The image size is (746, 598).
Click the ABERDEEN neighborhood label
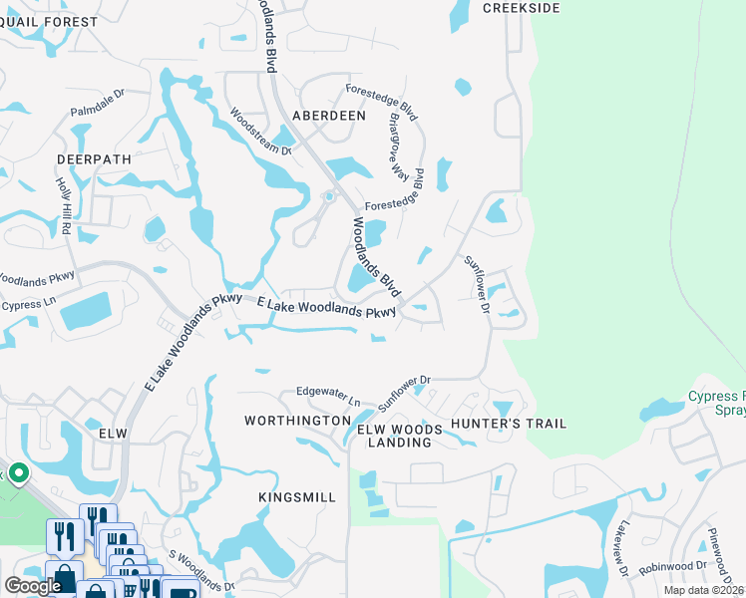(x=329, y=116)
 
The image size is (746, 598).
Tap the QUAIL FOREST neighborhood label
(x=50, y=22)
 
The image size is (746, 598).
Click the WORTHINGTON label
(x=297, y=422)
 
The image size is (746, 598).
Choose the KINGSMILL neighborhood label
(x=297, y=496)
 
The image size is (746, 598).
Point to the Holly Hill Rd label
(x=65, y=205)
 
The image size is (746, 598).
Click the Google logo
(x=33, y=586)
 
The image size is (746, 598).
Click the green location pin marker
(x=17, y=472)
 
